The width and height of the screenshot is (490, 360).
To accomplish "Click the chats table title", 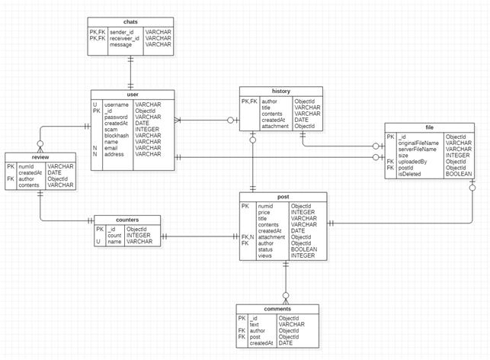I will (130, 22).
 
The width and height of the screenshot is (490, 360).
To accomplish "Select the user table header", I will (132, 94).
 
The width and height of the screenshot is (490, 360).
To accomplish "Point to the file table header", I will (430, 127).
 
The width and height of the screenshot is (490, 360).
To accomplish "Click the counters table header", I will (127, 220).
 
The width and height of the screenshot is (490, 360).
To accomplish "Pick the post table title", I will (283, 197).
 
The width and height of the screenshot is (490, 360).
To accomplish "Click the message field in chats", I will (120, 45).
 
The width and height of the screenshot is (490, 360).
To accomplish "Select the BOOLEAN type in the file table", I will (459, 174).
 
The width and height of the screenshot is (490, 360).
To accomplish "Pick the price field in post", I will (265, 211).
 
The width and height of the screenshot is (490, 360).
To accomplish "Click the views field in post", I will (265, 256).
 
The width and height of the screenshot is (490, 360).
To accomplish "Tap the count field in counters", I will (115, 236).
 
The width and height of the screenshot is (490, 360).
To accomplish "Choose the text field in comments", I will (255, 324).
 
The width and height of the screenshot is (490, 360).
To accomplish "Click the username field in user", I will (117, 104).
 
